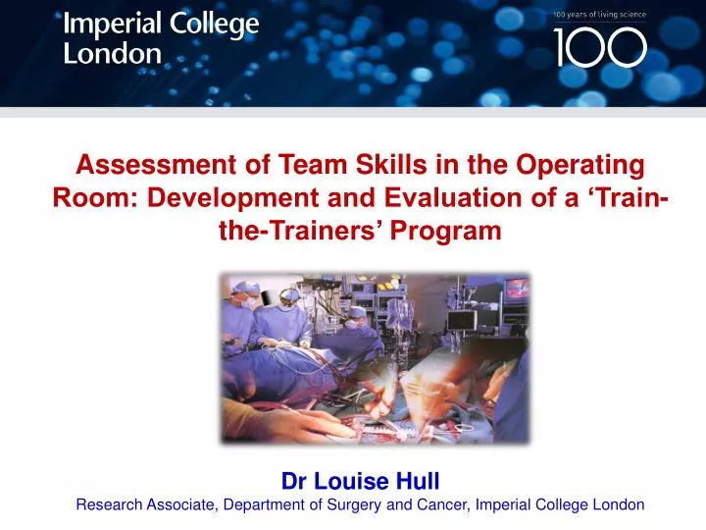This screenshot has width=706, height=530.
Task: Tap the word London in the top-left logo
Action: [x=113, y=53]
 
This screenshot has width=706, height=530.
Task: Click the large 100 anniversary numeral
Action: [x=600, y=47]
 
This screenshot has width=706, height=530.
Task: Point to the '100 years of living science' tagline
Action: [x=599, y=15]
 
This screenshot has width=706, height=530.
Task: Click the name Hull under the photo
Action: [x=419, y=481]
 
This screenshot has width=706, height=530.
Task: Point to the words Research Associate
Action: [x=147, y=505]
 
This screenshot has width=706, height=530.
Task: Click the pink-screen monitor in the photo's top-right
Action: [x=516, y=288]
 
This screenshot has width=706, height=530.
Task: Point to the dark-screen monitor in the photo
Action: [x=461, y=321]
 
